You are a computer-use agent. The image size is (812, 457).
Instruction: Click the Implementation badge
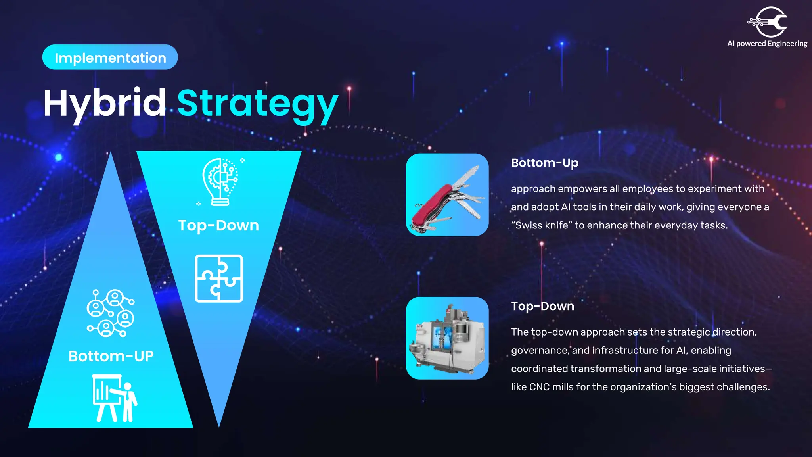click(x=110, y=58)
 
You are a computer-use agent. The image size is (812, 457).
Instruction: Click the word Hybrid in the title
click(x=105, y=103)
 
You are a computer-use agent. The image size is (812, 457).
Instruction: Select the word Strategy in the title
click(x=258, y=104)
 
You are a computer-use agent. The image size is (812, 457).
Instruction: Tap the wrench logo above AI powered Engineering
click(x=768, y=22)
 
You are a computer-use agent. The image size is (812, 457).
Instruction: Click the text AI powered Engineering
click(x=767, y=44)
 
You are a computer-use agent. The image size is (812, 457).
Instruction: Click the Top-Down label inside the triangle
click(x=218, y=225)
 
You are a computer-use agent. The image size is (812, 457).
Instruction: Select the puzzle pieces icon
click(x=219, y=278)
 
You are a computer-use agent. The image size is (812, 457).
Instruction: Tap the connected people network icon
click(x=111, y=313)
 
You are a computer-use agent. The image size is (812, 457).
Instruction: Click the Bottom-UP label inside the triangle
click(x=111, y=356)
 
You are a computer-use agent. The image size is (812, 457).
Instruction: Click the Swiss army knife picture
click(x=447, y=195)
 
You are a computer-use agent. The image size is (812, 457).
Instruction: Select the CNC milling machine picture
click(x=447, y=338)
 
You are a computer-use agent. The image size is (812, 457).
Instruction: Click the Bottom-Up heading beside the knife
click(x=544, y=163)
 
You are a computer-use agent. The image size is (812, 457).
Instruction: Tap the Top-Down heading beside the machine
click(x=542, y=306)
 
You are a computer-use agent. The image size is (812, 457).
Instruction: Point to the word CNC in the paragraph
click(x=539, y=387)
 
